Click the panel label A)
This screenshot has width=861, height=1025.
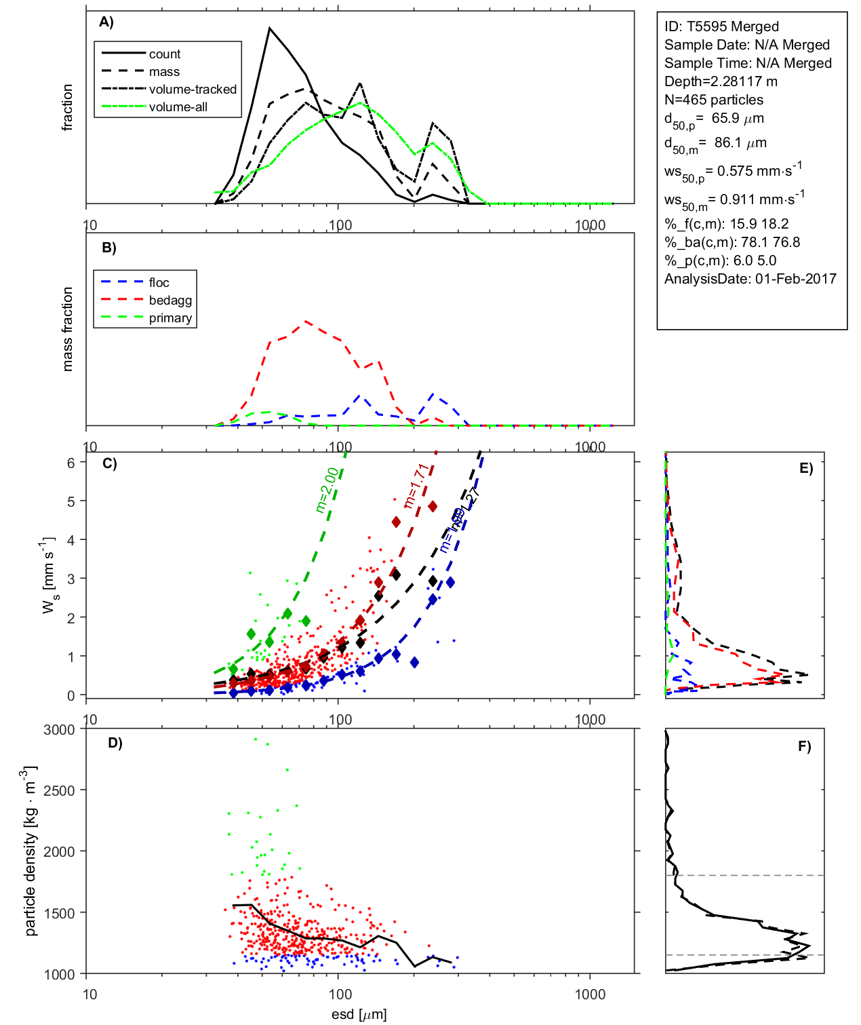[x=106, y=22]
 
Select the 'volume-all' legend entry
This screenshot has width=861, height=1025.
[x=178, y=107]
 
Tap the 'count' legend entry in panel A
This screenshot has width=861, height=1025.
[x=165, y=54]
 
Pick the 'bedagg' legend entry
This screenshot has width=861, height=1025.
[x=170, y=301]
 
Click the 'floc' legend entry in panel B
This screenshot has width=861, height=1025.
[x=159, y=283]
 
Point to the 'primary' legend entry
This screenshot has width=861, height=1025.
[x=170, y=318]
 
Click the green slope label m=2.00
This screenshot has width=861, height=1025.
[x=327, y=489]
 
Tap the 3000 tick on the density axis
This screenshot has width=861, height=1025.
[x=59, y=730]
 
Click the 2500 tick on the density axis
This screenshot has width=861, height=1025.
[x=59, y=790]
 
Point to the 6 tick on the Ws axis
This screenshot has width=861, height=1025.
[x=71, y=463]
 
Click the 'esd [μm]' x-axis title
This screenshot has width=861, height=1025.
[x=359, y=1014]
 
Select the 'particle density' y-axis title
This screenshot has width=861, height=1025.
[x=30, y=851]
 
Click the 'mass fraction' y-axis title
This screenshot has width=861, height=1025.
[x=67, y=329]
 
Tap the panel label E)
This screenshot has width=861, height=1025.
[x=805, y=468]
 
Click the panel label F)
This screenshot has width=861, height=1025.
[x=804, y=746]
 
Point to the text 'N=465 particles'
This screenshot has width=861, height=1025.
[x=713, y=100]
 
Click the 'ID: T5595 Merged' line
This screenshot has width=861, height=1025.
[x=721, y=26]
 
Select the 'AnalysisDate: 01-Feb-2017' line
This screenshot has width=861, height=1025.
[x=750, y=279]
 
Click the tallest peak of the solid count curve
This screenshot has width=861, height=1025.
[x=270, y=28]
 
